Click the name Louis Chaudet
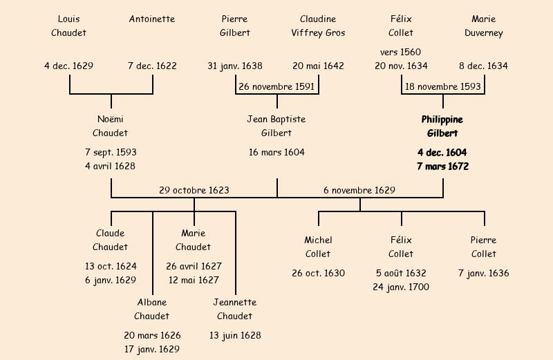(69, 26)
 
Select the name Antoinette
(152, 19)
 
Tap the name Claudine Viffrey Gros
(318, 26)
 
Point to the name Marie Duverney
(484, 26)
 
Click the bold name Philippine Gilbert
(442, 126)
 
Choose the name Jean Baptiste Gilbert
(276, 126)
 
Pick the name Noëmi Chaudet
(111, 126)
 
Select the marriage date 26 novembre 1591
(276, 87)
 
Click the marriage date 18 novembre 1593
(442, 87)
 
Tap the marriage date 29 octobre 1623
(194, 190)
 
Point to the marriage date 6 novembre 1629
(359, 190)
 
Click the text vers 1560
(401, 52)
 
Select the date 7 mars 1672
(442, 167)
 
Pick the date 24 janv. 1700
(401, 287)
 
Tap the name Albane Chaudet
(152, 309)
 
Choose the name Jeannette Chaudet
(235, 309)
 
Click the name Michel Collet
(318, 247)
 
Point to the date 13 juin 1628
(235, 335)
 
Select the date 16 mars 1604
(276, 152)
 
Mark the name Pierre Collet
(484, 247)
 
